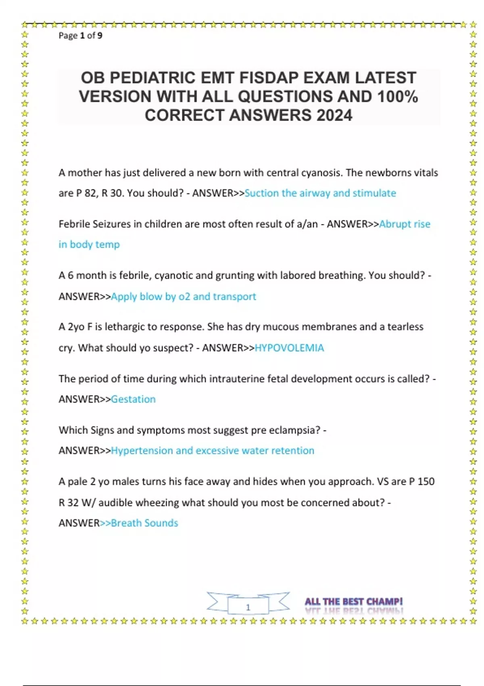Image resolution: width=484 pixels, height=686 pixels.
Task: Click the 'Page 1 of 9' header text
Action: coord(80,36)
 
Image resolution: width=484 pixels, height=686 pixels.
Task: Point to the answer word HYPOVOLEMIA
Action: coord(289,348)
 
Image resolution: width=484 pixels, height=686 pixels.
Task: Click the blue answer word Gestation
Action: coord(133,399)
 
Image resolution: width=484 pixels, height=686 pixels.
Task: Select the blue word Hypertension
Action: coord(142,450)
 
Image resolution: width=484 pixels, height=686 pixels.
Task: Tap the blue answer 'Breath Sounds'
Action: coord(144,523)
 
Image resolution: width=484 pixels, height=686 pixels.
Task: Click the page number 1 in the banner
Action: coord(248,607)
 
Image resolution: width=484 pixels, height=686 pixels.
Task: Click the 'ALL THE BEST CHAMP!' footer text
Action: coord(354,602)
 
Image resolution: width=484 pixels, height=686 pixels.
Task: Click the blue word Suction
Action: coord(262,193)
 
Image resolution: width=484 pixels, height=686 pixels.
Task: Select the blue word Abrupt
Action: coord(394,224)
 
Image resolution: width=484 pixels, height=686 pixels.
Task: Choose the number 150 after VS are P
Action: coord(426,481)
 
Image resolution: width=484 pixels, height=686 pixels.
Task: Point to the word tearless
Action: coord(405,327)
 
